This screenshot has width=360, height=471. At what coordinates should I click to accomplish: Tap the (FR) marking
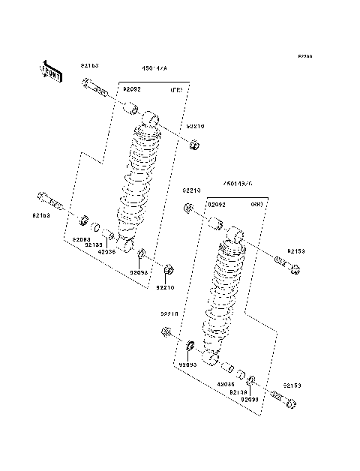176,90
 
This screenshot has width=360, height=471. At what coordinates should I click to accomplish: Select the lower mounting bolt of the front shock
49,202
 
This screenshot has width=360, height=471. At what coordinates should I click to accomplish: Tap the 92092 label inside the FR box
132,89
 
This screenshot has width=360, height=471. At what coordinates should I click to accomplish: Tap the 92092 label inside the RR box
217,204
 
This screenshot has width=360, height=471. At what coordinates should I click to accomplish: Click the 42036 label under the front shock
106,252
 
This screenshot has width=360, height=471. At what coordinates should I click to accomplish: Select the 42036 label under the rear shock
226,383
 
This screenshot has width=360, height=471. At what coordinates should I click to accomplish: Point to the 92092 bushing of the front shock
132,110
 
